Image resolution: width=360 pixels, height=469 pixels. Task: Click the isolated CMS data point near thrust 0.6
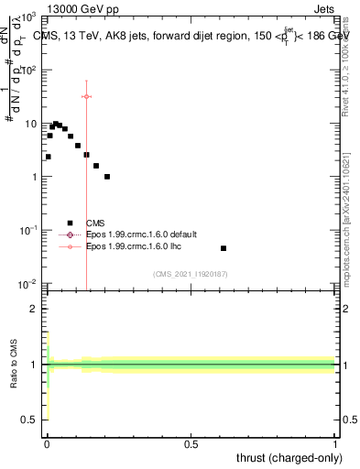[224, 248]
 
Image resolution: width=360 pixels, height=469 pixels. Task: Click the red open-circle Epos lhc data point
[86, 96]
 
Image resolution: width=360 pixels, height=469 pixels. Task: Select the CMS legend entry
[95, 222]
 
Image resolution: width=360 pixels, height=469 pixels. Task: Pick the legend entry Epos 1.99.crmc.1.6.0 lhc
[134, 247]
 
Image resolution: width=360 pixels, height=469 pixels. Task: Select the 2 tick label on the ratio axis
[31, 309]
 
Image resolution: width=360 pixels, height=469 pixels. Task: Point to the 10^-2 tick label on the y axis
[27, 284]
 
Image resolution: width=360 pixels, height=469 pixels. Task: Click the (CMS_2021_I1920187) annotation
[190, 273]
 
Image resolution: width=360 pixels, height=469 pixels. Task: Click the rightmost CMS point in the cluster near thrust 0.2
[107, 177]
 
